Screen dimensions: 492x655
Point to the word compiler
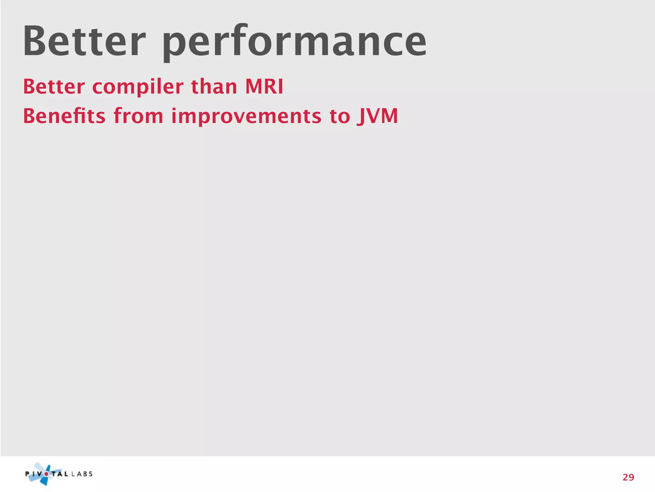(138, 87)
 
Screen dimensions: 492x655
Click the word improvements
(246, 116)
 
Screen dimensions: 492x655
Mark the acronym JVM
(378, 116)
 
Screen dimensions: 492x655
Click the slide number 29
(628, 477)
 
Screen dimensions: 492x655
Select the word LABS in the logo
(82, 474)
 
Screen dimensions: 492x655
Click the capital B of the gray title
(36, 42)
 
